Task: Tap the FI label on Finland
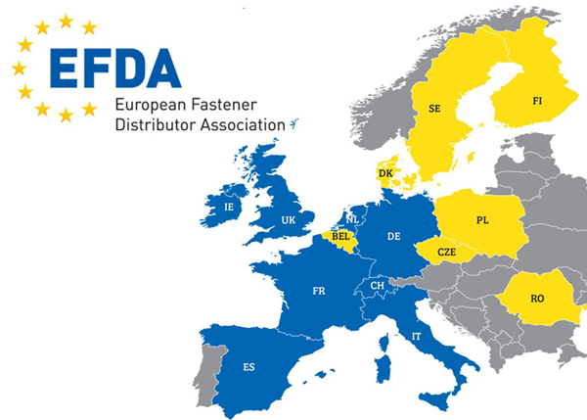click(x=537, y=100)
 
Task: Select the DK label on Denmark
click(x=385, y=173)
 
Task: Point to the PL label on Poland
click(x=482, y=220)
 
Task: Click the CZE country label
click(x=447, y=252)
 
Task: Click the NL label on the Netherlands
click(x=352, y=219)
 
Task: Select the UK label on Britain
click(x=289, y=220)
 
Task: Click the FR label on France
click(x=319, y=291)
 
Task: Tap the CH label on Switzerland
click(x=377, y=285)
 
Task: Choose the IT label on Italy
click(x=418, y=336)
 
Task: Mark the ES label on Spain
click(x=249, y=367)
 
